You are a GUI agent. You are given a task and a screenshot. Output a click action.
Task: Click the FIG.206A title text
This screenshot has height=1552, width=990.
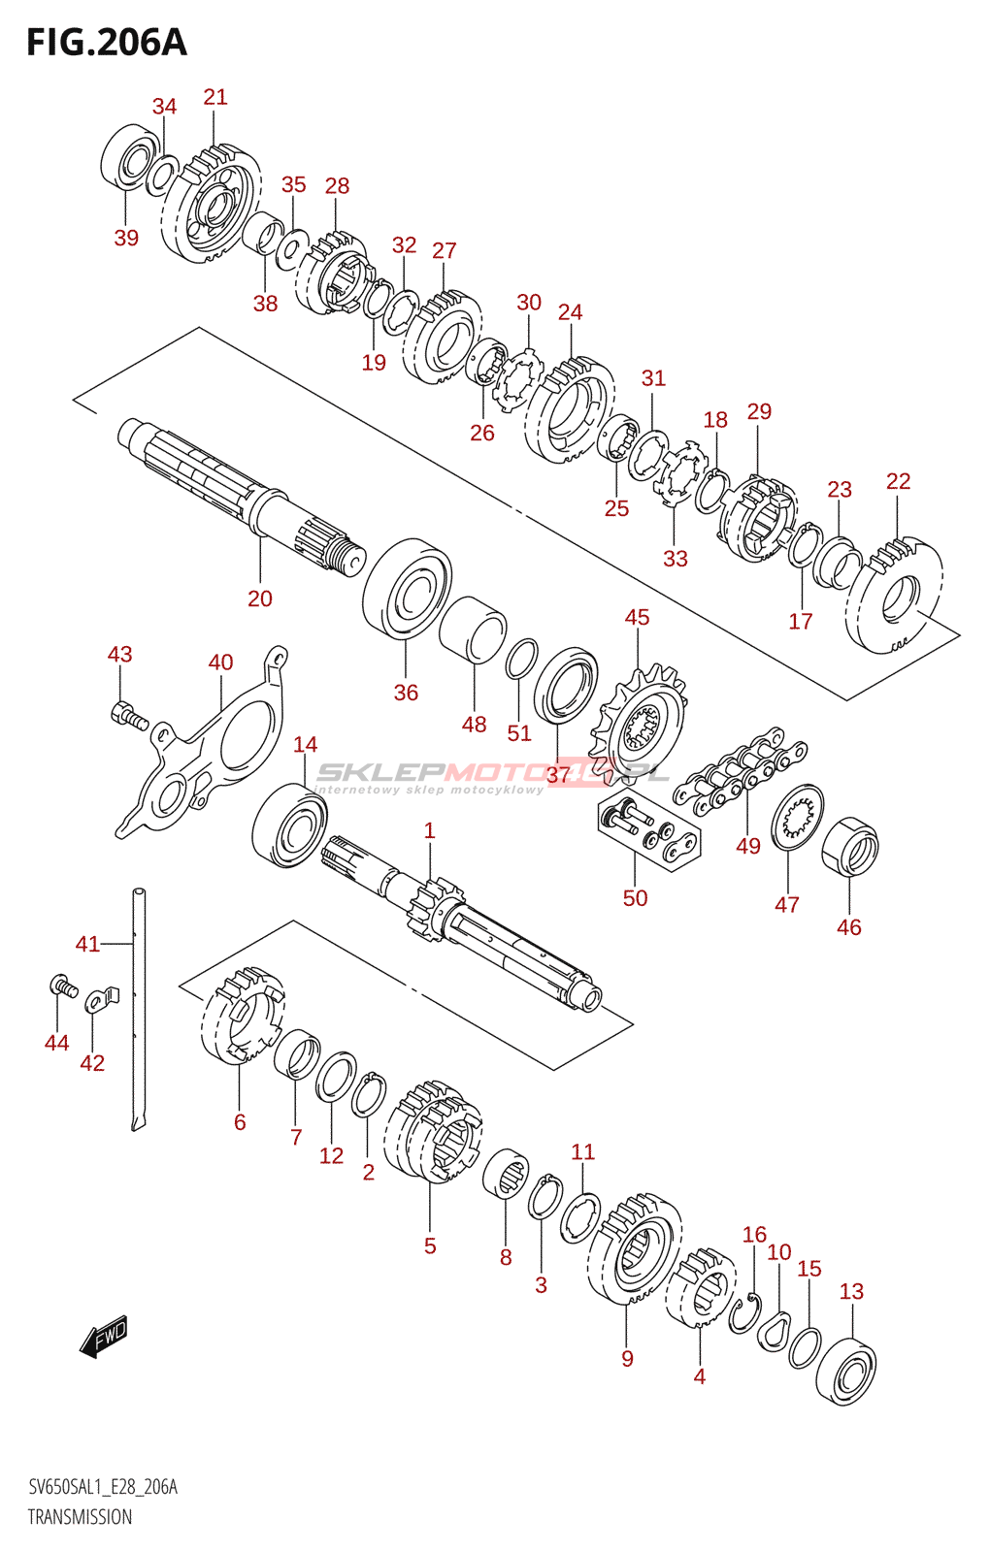[x=106, y=43]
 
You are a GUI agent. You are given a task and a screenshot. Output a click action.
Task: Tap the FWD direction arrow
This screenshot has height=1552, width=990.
[x=103, y=1337]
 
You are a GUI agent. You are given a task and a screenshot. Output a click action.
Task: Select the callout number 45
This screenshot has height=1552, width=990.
[x=637, y=617]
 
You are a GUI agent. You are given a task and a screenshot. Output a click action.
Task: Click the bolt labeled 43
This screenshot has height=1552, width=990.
[x=128, y=717]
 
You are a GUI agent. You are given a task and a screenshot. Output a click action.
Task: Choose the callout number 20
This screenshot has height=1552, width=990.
[x=260, y=598]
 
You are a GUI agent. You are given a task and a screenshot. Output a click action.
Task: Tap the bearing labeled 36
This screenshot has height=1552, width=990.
[x=407, y=589]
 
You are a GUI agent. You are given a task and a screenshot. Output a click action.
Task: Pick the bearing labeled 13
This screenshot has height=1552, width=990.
[x=846, y=1370]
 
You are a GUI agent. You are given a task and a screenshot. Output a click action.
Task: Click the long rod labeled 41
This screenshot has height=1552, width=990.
[x=139, y=1009]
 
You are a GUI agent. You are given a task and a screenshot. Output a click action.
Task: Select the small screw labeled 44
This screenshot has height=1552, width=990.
[x=63, y=987]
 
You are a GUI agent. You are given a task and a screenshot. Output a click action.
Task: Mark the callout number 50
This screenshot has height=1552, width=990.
[x=635, y=898]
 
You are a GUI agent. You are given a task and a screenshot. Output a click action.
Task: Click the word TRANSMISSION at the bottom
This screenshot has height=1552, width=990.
[x=80, y=1517]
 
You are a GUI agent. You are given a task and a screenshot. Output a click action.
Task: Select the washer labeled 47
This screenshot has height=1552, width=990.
[x=798, y=817]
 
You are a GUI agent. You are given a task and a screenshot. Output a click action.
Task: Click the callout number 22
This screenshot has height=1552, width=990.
[x=899, y=481]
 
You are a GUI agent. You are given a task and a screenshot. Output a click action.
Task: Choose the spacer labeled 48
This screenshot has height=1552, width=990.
[x=472, y=630]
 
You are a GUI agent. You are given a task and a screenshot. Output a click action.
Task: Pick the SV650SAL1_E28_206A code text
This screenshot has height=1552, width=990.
[x=102, y=1487]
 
